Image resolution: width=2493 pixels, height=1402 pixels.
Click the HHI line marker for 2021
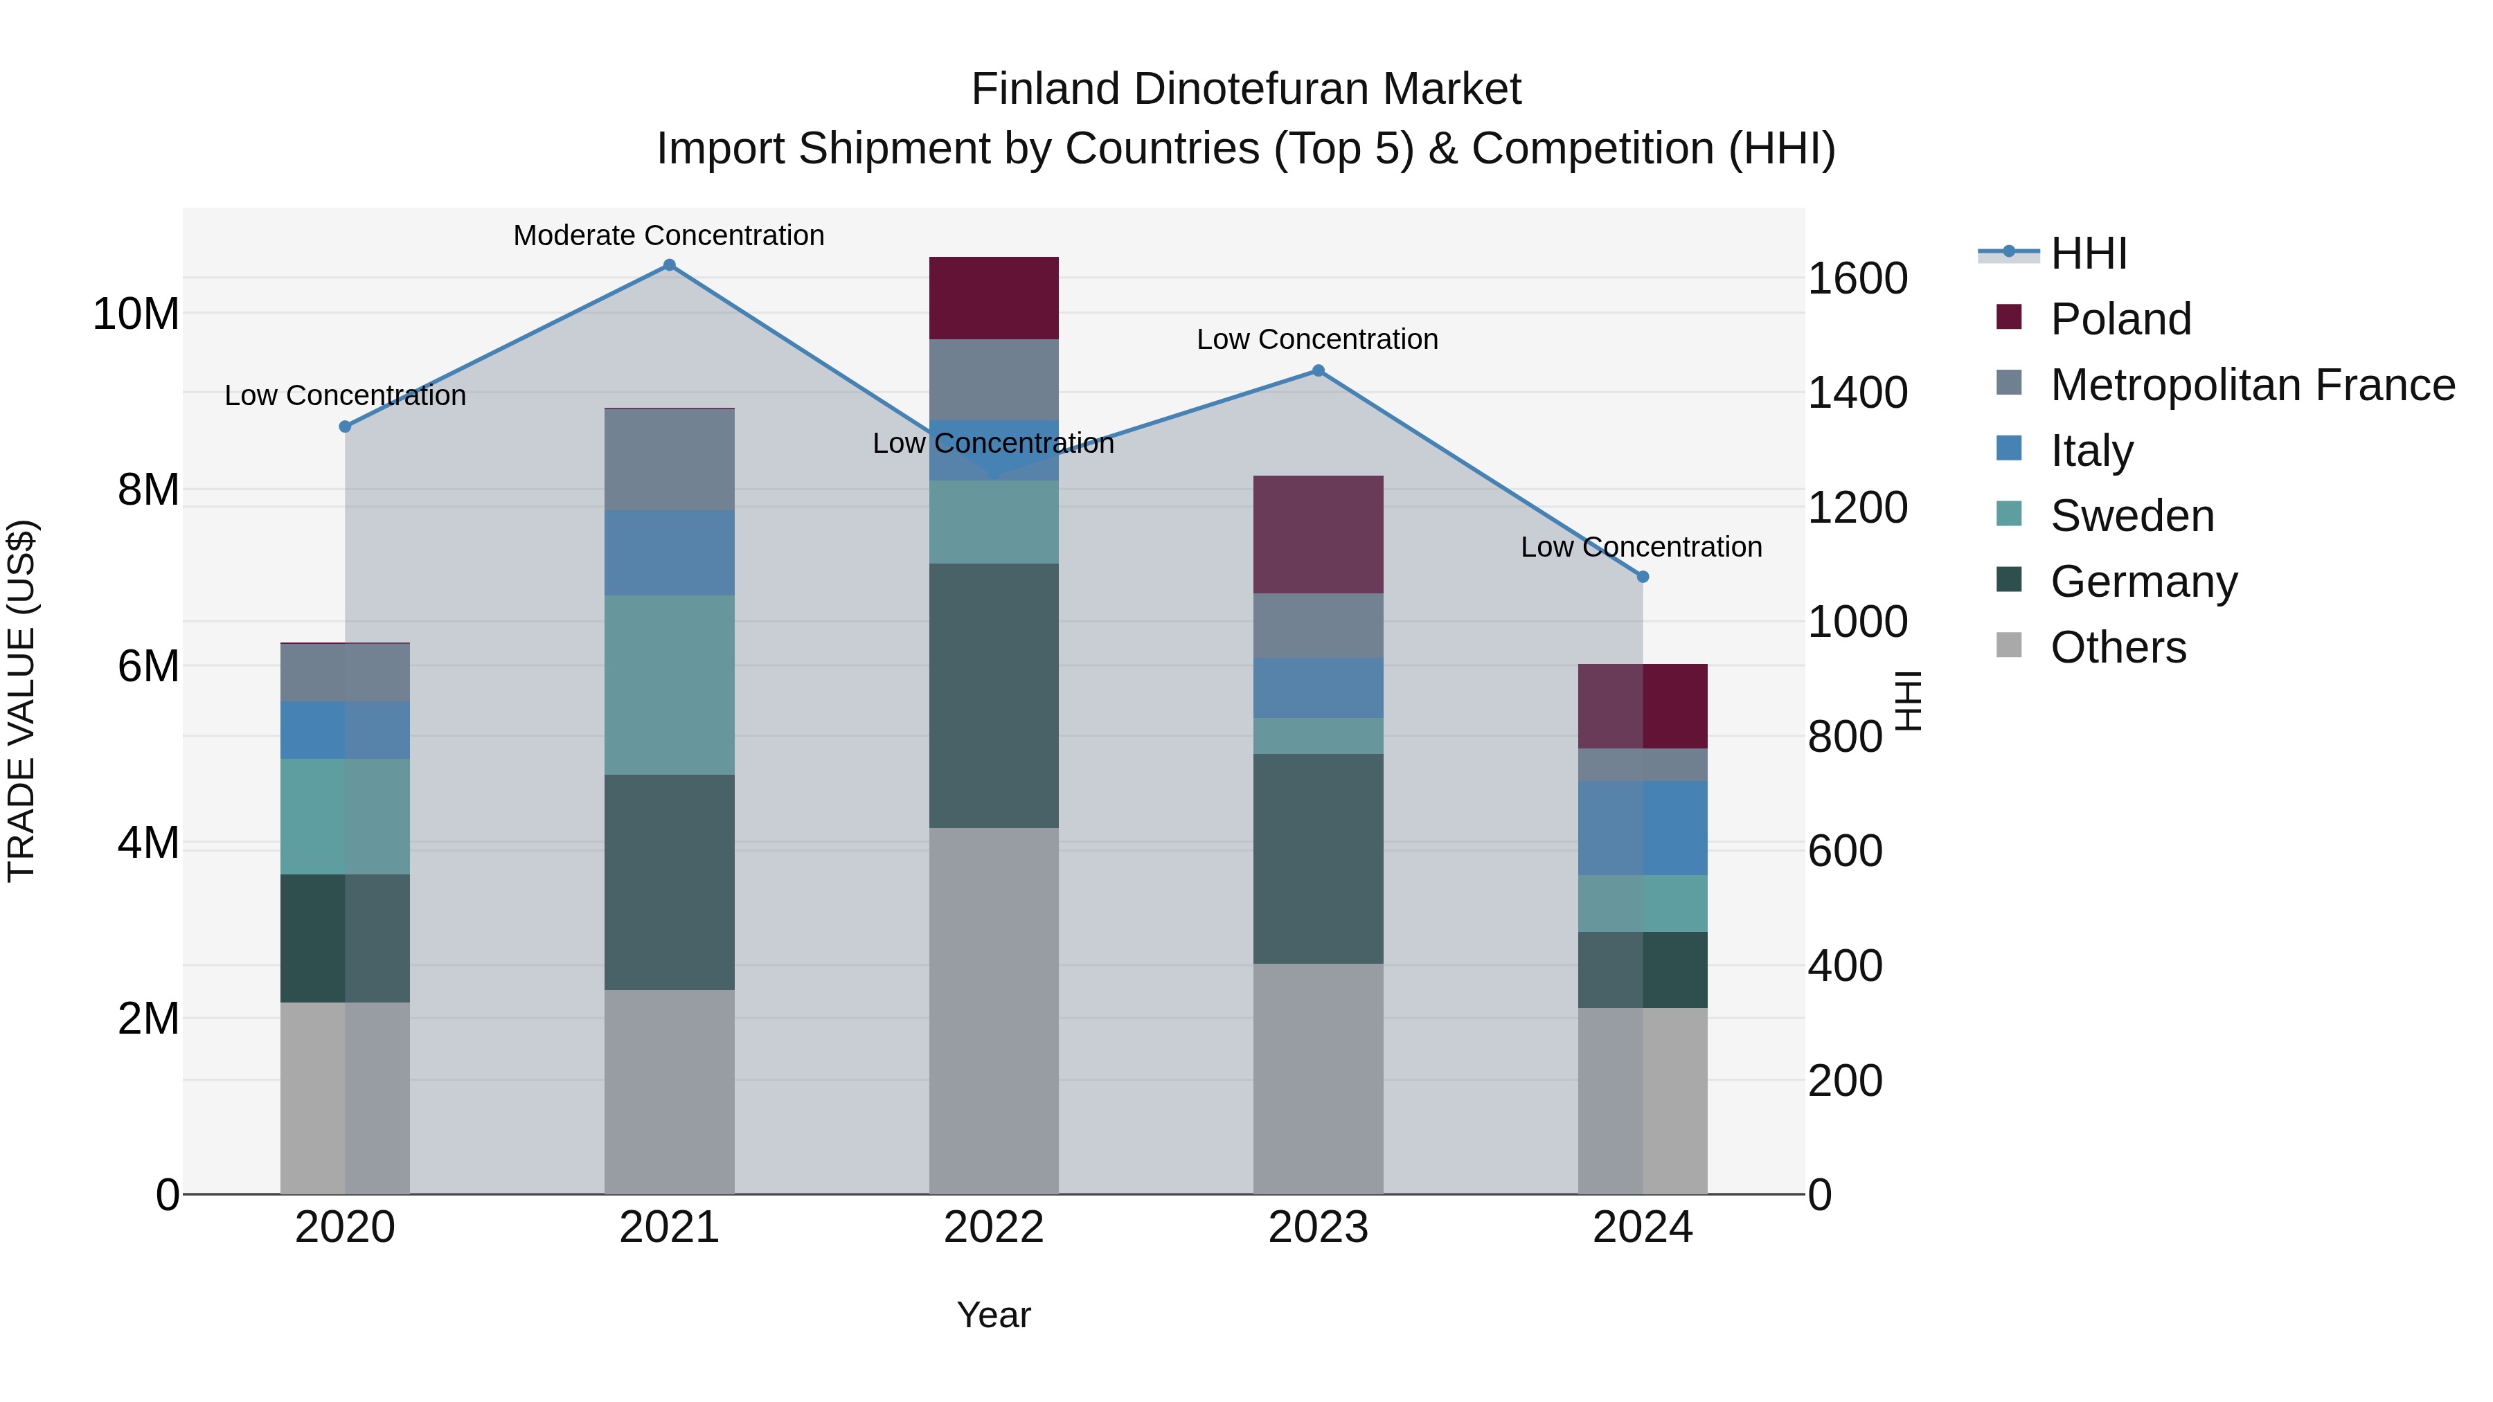[669, 265]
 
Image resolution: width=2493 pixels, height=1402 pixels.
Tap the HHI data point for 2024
[1643, 577]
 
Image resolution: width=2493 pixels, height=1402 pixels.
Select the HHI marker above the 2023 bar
[1318, 370]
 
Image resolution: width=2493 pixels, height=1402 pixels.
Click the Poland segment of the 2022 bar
[994, 298]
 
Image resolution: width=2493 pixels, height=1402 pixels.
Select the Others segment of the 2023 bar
[1318, 1078]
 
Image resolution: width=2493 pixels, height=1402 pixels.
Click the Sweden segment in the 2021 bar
[669, 685]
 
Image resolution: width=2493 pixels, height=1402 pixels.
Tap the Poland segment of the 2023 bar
[1318, 534]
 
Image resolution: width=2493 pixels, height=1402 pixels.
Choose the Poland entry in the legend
[2120, 319]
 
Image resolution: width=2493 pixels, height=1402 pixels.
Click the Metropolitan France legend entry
[2252, 385]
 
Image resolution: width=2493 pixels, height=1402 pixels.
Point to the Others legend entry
[2118, 647]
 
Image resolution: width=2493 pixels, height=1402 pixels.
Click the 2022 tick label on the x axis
[994, 1228]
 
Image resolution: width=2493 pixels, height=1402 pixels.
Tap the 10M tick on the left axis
[136, 314]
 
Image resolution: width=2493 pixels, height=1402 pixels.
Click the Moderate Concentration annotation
[669, 235]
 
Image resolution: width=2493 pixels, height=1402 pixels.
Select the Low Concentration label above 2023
[1317, 340]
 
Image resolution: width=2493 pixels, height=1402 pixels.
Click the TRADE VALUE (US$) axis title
[21, 701]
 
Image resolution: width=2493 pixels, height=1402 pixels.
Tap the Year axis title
[994, 1315]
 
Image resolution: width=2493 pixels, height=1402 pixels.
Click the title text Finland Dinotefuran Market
[1246, 89]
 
